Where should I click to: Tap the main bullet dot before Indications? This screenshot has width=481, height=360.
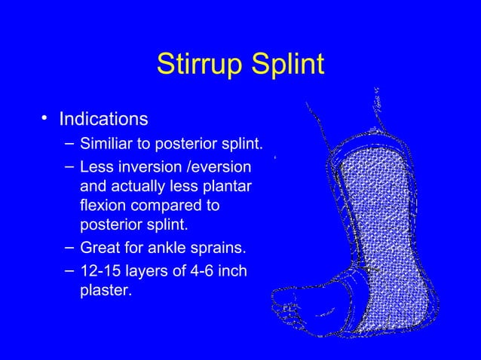point(45,118)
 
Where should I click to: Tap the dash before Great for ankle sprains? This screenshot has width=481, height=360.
point(69,247)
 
